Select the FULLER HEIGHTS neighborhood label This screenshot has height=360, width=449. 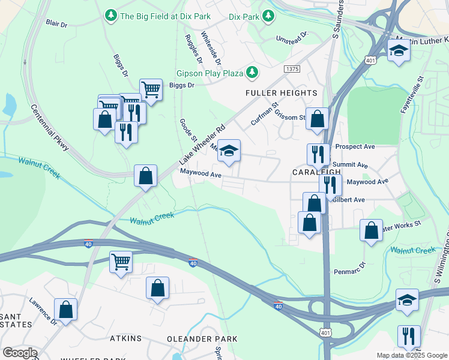(x=281, y=93)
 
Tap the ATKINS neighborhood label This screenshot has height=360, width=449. (x=126, y=339)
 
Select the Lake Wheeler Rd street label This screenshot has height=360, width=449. (x=202, y=146)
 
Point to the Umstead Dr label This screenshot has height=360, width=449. (x=291, y=37)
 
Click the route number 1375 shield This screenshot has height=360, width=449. (x=292, y=70)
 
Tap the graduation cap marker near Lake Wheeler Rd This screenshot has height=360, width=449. (x=229, y=151)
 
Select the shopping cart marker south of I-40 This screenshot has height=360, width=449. (x=121, y=262)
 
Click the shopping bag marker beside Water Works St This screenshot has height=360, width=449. (x=372, y=230)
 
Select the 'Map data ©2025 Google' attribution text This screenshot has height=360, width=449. (x=411, y=355)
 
